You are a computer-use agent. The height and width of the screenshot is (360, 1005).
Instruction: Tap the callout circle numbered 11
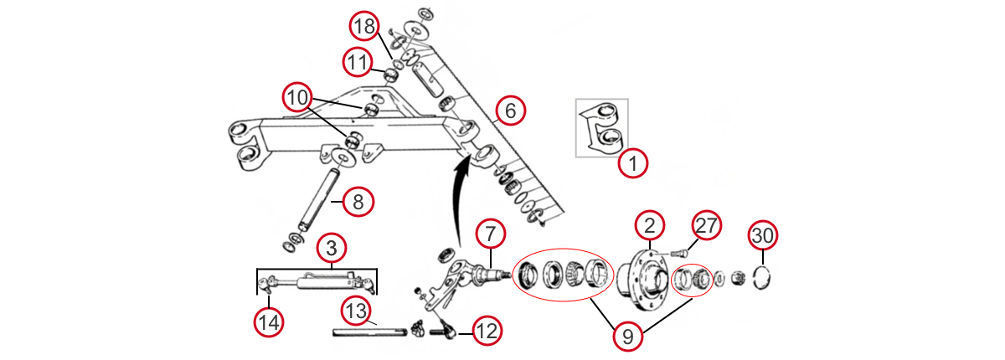pyautogui.click(x=357, y=61)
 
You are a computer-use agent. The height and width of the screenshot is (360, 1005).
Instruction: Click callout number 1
pyautogui.click(x=633, y=163)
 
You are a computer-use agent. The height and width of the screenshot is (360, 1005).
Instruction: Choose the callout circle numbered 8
pyautogui.click(x=358, y=201)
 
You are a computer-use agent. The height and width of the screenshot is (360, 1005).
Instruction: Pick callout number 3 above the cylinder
pyautogui.click(x=332, y=249)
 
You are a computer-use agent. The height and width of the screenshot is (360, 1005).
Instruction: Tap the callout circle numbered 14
pyautogui.click(x=269, y=321)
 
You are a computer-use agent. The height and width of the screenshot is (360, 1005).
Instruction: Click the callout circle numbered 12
pyautogui.click(x=487, y=331)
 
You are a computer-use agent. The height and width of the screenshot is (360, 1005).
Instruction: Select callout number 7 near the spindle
pyautogui.click(x=491, y=234)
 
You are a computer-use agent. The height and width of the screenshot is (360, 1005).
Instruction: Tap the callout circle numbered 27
pyautogui.click(x=706, y=227)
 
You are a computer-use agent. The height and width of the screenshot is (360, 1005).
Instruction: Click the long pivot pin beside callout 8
pyautogui.click(x=316, y=200)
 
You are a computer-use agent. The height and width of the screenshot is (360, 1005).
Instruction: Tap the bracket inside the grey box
pyautogui.click(x=605, y=130)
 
